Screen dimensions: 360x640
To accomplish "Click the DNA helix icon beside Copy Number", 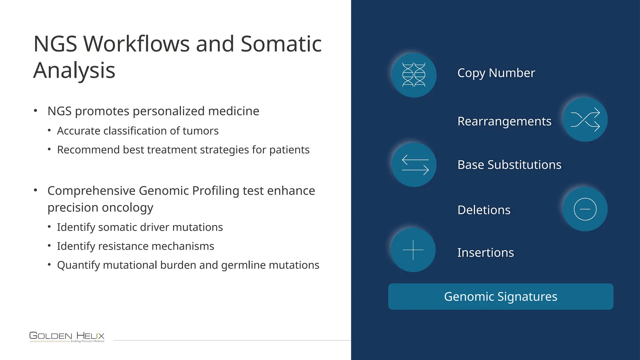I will point(414,75).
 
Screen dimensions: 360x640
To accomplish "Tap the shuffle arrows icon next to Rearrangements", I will point(585,120).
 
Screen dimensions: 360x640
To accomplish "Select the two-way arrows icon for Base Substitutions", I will point(414,165).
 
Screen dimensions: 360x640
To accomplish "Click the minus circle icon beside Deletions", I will point(585,209).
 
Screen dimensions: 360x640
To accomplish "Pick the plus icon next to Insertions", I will point(413,250).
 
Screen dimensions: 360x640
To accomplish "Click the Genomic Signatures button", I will point(501,297).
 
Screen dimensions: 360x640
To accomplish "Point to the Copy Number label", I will point(496,73).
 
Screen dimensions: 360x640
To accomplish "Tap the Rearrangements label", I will point(504,122).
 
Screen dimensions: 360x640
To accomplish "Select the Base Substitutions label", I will point(509,165).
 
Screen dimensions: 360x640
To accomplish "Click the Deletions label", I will point(484,210).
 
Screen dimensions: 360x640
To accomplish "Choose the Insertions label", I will point(485,252).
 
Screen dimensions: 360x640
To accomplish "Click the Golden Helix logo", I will point(67,337).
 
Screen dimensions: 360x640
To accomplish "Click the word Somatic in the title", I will point(281,44).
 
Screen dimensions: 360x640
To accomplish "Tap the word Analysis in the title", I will point(74,70).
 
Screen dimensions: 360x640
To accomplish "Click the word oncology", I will point(132,208).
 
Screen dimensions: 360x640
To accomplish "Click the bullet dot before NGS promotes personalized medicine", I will point(36,111).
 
